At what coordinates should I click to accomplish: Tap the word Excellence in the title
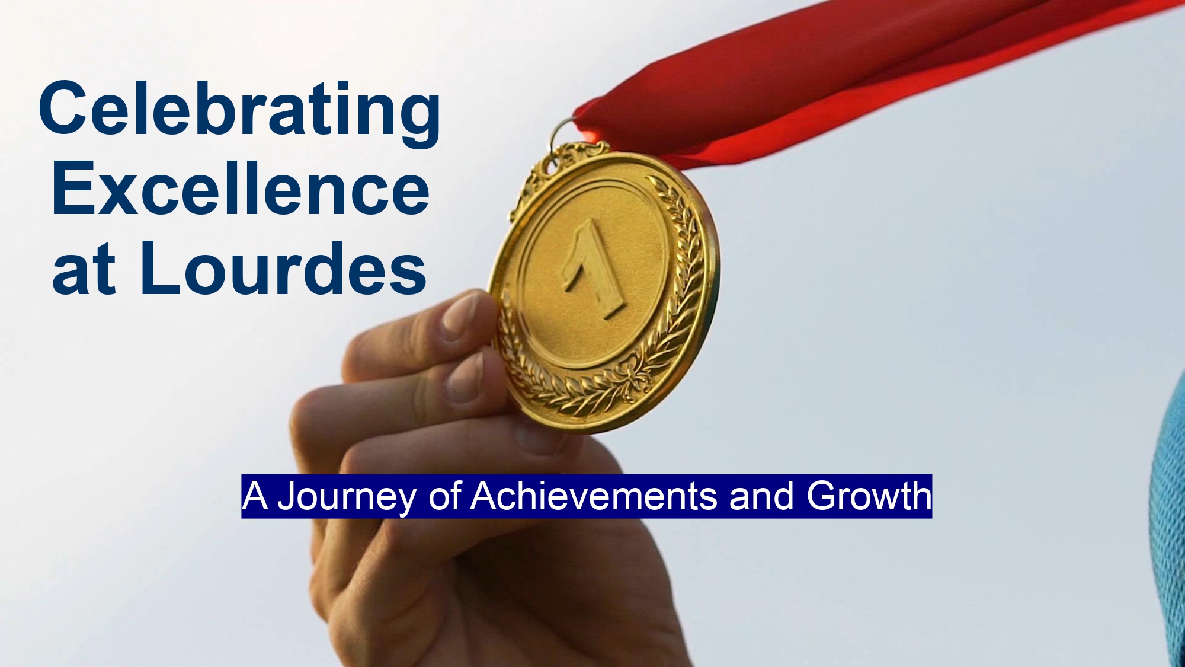click(x=241, y=188)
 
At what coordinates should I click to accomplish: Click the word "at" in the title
click(x=84, y=271)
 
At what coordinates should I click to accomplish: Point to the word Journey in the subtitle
click(x=347, y=497)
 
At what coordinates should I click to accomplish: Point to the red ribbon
click(x=859, y=77)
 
